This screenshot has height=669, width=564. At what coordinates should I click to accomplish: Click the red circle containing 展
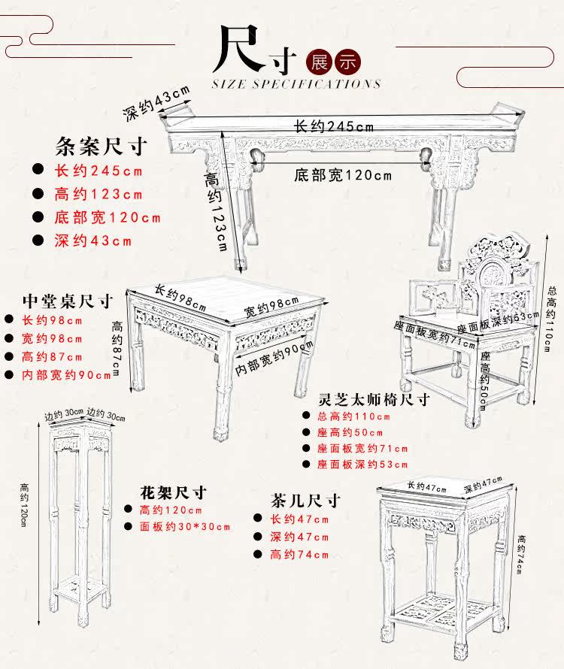pos(322,62)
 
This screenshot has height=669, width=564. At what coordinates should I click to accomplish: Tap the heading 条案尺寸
pos(101,145)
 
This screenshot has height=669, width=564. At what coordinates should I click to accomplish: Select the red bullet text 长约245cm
pos(99,171)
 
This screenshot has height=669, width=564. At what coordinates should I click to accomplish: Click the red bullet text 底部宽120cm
pos(108,218)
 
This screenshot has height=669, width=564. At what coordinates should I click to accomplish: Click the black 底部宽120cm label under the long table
pos(343,175)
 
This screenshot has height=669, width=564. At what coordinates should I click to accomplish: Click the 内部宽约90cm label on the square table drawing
pos(275,359)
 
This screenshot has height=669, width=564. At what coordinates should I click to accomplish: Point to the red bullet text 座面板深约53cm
pos(362,465)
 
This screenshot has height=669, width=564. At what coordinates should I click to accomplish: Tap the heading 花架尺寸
pos(173,493)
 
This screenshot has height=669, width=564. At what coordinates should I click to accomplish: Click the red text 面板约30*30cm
pos(185,526)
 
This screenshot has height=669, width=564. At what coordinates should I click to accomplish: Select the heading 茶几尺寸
pos(306,500)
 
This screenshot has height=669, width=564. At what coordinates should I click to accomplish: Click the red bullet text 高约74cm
pos(299,555)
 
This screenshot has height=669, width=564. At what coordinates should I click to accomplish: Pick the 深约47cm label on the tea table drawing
pos(483,486)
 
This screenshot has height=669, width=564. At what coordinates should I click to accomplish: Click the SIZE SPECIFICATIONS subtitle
pos(297,84)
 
